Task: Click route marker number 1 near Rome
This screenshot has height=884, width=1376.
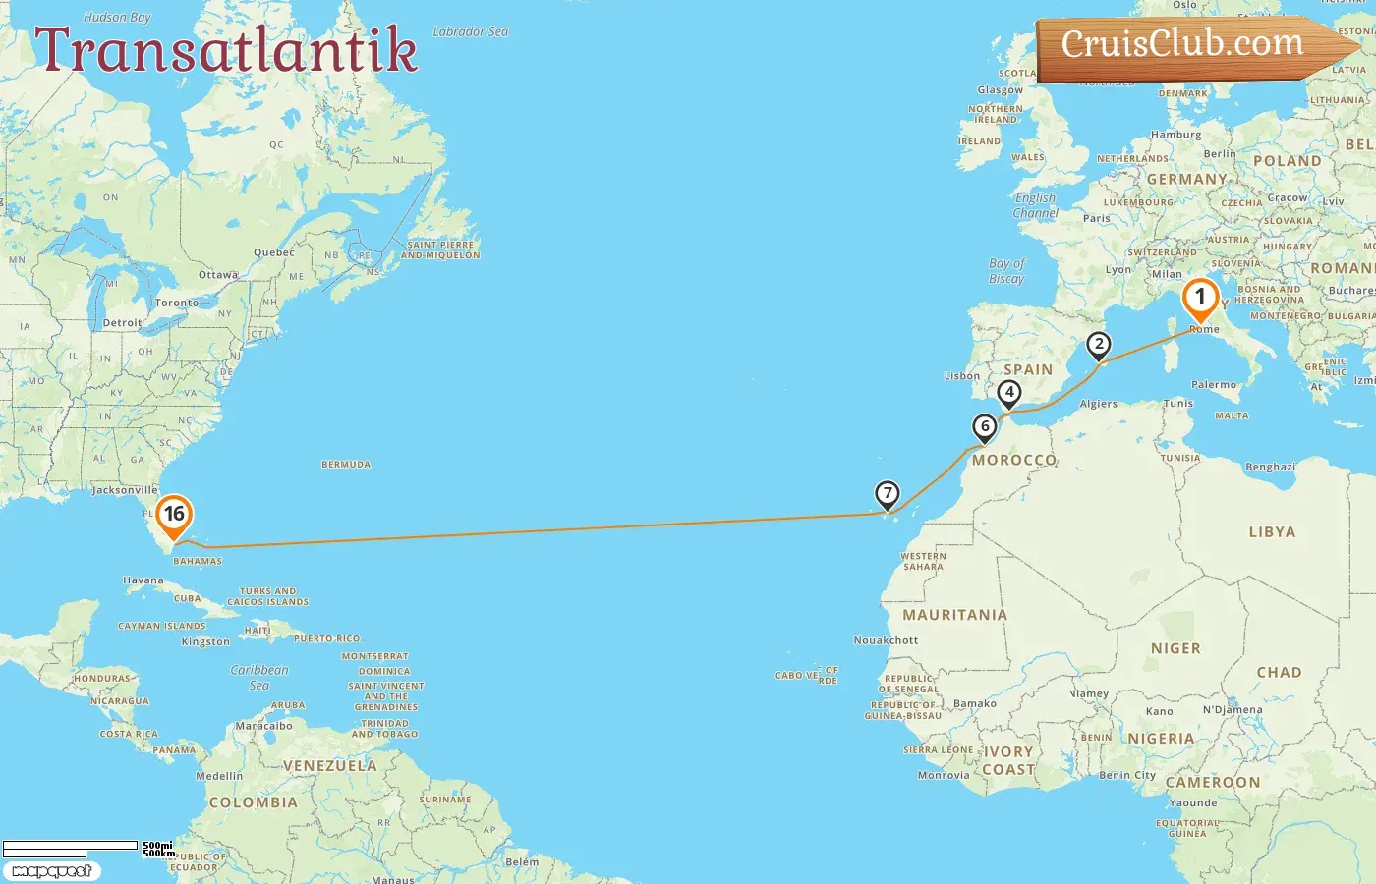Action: coord(1199,298)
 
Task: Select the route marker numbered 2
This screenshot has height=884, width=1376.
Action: coord(1098,345)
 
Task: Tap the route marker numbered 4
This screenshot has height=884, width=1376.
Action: coord(1008,393)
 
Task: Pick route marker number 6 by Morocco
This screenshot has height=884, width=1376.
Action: coord(984,427)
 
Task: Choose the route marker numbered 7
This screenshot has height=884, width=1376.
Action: coord(887,494)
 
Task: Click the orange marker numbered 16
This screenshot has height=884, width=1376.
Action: coord(174,515)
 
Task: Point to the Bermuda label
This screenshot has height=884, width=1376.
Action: coord(346,465)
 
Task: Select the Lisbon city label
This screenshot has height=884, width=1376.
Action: coord(961,376)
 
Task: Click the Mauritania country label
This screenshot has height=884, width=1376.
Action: coord(954,615)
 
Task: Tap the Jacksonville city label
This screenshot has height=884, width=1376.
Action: coord(124,490)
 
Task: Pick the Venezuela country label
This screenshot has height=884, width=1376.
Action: coord(329,766)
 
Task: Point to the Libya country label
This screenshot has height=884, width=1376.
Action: coord(1272,532)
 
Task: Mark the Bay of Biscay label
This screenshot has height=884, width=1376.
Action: coord(1006,271)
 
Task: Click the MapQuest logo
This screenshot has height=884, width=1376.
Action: coord(51,871)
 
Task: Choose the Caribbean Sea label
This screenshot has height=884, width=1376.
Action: coord(259,678)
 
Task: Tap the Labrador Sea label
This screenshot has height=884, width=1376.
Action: coord(471,32)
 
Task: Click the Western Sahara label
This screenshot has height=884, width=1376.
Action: coord(923,561)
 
